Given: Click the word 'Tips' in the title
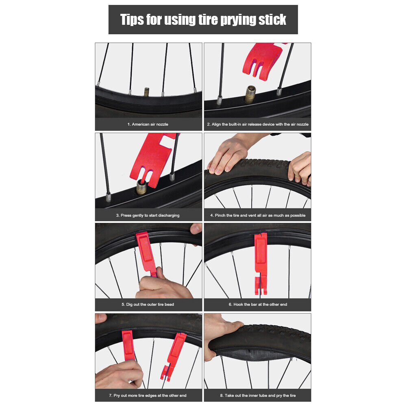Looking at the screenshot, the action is (132, 20).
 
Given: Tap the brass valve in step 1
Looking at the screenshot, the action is (147, 92).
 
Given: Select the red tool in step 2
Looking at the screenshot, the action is (263, 61).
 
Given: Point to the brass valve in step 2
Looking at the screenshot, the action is (250, 94).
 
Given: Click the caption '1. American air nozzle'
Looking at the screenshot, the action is (148, 124).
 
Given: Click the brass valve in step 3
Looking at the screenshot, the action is (142, 187).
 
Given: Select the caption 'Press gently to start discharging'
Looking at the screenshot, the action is (150, 215).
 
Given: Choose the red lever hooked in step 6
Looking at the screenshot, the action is (261, 263).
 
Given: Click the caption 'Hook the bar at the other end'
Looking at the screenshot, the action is (260, 305).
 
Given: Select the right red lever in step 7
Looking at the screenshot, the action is (173, 356).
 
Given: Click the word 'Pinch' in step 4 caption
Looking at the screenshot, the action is (220, 215).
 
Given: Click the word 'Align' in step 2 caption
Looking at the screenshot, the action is (216, 124).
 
